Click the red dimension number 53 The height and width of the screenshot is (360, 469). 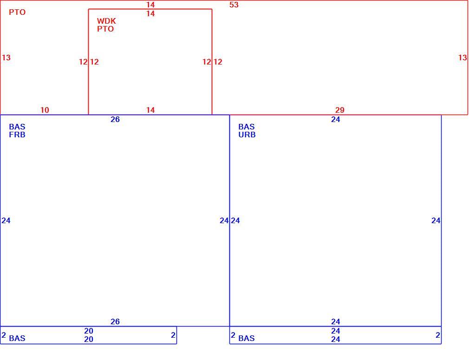click(234, 5)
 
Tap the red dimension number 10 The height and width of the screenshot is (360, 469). click(45, 110)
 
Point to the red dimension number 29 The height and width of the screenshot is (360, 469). click(340, 110)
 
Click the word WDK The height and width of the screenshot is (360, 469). click(106, 21)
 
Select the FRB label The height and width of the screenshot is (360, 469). click(17, 135)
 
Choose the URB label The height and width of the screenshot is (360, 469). click(247, 135)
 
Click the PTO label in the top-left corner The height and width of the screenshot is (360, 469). click(17, 12)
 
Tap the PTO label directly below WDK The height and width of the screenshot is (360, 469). click(105, 29)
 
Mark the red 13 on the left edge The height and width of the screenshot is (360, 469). click(6, 58)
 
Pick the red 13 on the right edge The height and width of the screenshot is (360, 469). click(462, 58)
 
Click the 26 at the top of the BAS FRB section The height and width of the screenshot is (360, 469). click(115, 120)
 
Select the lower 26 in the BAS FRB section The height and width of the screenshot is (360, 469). click(115, 322)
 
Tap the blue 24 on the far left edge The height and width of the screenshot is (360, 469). click(6, 220)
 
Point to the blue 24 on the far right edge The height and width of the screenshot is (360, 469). click(436, 220)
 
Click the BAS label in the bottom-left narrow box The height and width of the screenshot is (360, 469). click(17, 338)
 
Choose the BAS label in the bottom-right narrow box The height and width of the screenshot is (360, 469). click(247, 338)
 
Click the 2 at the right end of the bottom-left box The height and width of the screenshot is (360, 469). click(173, 335)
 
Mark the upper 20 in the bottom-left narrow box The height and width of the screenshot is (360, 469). click(89, 331)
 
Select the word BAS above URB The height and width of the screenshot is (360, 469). click(247, 127)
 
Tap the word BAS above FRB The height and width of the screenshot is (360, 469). click(17, 127)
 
